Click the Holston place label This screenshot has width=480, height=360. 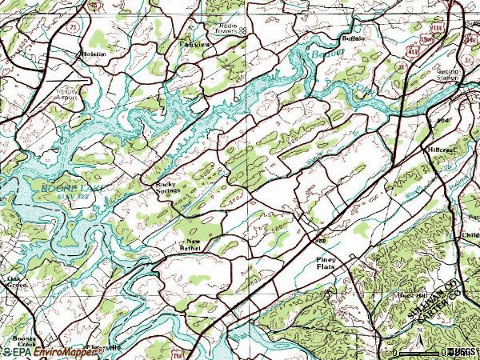pos(93,54)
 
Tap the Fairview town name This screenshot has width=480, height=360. pos(194,43)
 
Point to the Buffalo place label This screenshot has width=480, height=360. pos(353,38)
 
